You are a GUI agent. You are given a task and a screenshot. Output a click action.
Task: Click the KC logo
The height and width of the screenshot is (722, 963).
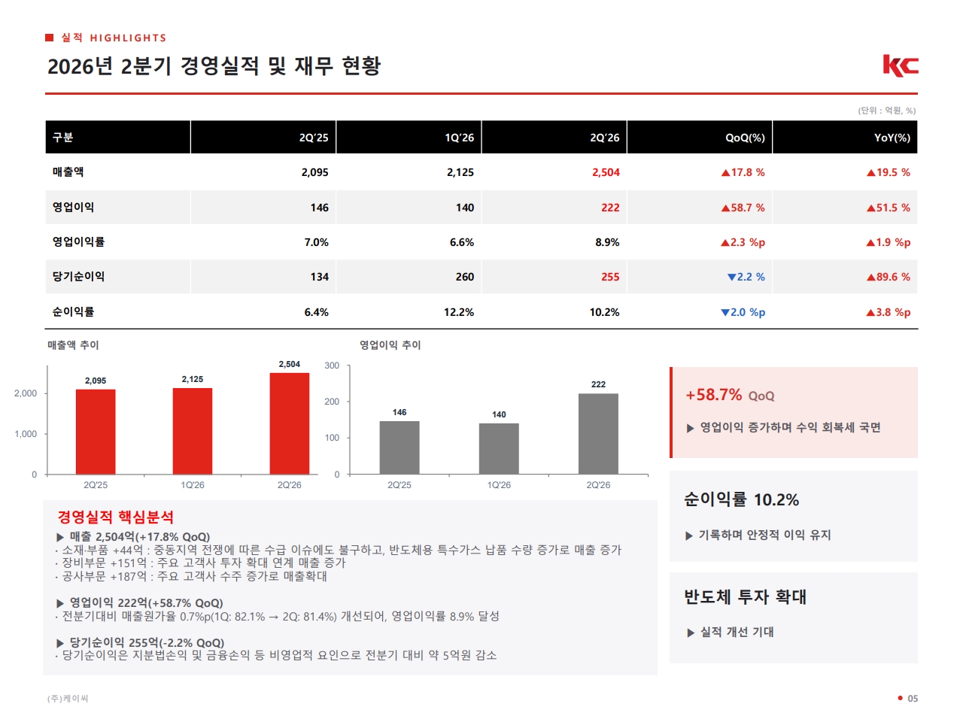[x=901, y=65]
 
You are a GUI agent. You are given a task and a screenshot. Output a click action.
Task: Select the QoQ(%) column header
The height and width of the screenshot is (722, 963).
[x=745, y=138]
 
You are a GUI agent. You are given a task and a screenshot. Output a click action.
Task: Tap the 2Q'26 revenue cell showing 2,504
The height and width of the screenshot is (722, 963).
[x=606, y=172]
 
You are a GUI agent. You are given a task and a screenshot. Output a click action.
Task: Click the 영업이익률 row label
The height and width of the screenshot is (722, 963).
[x=78, y=241]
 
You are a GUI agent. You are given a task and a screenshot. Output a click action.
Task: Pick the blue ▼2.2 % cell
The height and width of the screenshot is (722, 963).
[x=746, y=277]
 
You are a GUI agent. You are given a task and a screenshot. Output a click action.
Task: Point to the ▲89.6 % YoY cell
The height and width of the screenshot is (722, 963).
[x=888, y=277]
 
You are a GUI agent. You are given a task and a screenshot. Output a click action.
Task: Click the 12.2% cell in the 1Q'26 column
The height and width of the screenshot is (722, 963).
[x=458, y=312]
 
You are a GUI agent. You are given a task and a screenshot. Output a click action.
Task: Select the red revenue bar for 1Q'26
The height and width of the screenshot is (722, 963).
[x=192, y=431]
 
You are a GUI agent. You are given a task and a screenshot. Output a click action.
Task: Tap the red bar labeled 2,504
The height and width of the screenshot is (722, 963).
[x=289, y=423]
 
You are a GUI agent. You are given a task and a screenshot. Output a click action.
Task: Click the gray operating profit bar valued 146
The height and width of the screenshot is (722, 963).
[x=399, y=447]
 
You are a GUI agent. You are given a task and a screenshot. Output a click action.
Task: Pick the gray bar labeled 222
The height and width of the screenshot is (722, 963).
[x=598, y=433]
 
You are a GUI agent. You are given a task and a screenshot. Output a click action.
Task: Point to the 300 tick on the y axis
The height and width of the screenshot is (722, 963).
[x=332, y=366]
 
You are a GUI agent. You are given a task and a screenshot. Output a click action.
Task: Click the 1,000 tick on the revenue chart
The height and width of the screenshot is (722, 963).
[x=26, y=433]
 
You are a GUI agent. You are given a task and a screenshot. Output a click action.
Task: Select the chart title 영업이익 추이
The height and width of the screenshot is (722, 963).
[x=390, y=345]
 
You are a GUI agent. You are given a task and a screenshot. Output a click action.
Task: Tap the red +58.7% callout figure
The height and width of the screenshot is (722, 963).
[x=713, y=395]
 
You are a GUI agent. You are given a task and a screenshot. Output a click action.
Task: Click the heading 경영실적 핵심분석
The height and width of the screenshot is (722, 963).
[x=115, y=517]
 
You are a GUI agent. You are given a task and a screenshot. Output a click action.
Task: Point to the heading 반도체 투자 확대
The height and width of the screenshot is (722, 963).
[x=745, y=596]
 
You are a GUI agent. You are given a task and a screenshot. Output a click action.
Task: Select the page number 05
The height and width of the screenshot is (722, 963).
[x=913, y=699]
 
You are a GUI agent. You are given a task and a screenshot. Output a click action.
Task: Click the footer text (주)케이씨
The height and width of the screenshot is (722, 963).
[x=68, y=699]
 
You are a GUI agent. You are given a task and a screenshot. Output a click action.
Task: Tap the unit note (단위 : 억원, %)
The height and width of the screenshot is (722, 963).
[x=887, y=111]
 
